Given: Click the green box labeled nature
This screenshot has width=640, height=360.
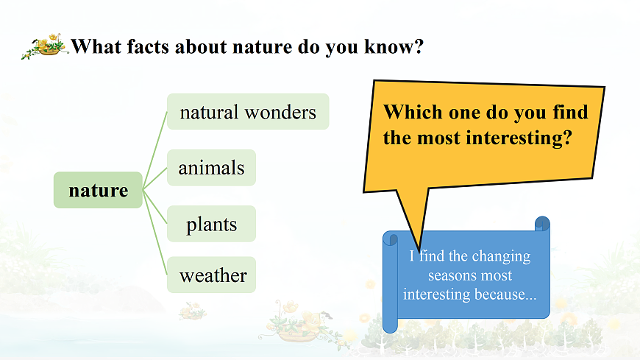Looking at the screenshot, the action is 98,190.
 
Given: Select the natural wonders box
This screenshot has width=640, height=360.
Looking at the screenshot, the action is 248,112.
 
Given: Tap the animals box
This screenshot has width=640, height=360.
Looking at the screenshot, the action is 211,168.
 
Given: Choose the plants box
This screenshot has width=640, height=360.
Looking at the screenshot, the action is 211,224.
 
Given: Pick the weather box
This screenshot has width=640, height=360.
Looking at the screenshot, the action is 211,275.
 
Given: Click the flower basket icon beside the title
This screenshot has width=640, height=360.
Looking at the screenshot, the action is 45,46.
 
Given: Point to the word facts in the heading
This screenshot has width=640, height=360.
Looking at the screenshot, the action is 148,46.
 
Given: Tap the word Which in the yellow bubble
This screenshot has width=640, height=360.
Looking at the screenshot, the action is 413,112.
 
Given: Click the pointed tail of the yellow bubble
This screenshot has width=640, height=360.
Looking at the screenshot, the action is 419,250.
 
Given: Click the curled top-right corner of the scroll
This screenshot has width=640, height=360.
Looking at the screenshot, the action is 542,224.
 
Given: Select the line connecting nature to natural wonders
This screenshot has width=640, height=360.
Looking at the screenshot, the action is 155,150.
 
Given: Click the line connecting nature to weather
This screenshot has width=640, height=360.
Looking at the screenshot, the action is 155,232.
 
